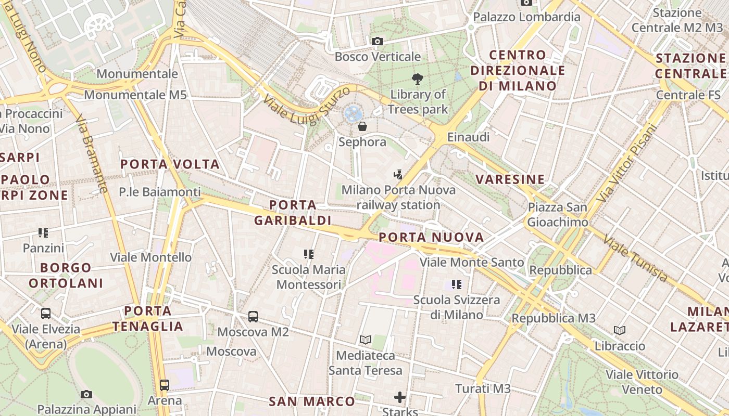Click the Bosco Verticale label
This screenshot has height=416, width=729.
378,56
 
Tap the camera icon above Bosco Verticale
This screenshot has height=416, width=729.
378,41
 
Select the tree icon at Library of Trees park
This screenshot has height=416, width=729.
417,79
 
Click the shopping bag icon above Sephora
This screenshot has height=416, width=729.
362,126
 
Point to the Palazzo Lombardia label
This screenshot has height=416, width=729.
526,17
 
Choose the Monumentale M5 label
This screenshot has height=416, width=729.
135,95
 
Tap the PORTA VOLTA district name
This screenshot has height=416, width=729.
170,164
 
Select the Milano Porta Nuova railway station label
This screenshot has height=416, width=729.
398,198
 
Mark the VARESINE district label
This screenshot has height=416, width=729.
510,179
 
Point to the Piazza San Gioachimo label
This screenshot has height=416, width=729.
557,215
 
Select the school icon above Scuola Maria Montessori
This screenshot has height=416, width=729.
309,254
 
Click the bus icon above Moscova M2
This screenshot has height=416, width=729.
253,316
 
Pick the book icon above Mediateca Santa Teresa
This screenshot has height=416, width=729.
366,340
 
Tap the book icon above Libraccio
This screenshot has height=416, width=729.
620,330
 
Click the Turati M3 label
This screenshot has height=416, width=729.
483,388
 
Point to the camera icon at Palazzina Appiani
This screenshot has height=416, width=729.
86,395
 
